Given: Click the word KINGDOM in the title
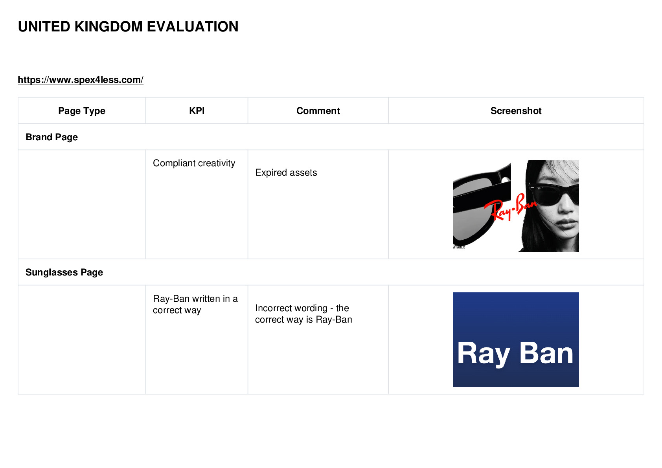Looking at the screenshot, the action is click(x=108, y=27).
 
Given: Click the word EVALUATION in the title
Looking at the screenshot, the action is click(x=193, y=27).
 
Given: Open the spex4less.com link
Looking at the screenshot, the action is click(x=80, y=80).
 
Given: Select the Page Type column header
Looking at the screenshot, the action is click(x=81, y=111).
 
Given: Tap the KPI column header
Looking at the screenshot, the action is click(x=197, y=111).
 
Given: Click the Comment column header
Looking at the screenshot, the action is click(x=318, y=111).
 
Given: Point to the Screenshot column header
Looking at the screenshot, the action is click(x=516, y=111).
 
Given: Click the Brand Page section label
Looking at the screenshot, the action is click(x=52, y=137).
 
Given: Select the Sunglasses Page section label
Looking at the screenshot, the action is click(x=64, y=272).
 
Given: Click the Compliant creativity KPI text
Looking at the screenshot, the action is click(x=194, y=163).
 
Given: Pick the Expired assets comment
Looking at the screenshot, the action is click(x=286, y=173).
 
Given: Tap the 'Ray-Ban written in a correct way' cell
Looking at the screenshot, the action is click(x=195, y=304).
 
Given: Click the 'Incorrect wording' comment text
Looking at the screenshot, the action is click(x=303, y=314).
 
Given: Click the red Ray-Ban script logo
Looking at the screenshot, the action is click(x=510, y=207).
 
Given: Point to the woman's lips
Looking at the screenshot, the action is click(x=565, y=223).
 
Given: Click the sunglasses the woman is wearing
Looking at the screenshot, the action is click(x=553, y=193).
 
